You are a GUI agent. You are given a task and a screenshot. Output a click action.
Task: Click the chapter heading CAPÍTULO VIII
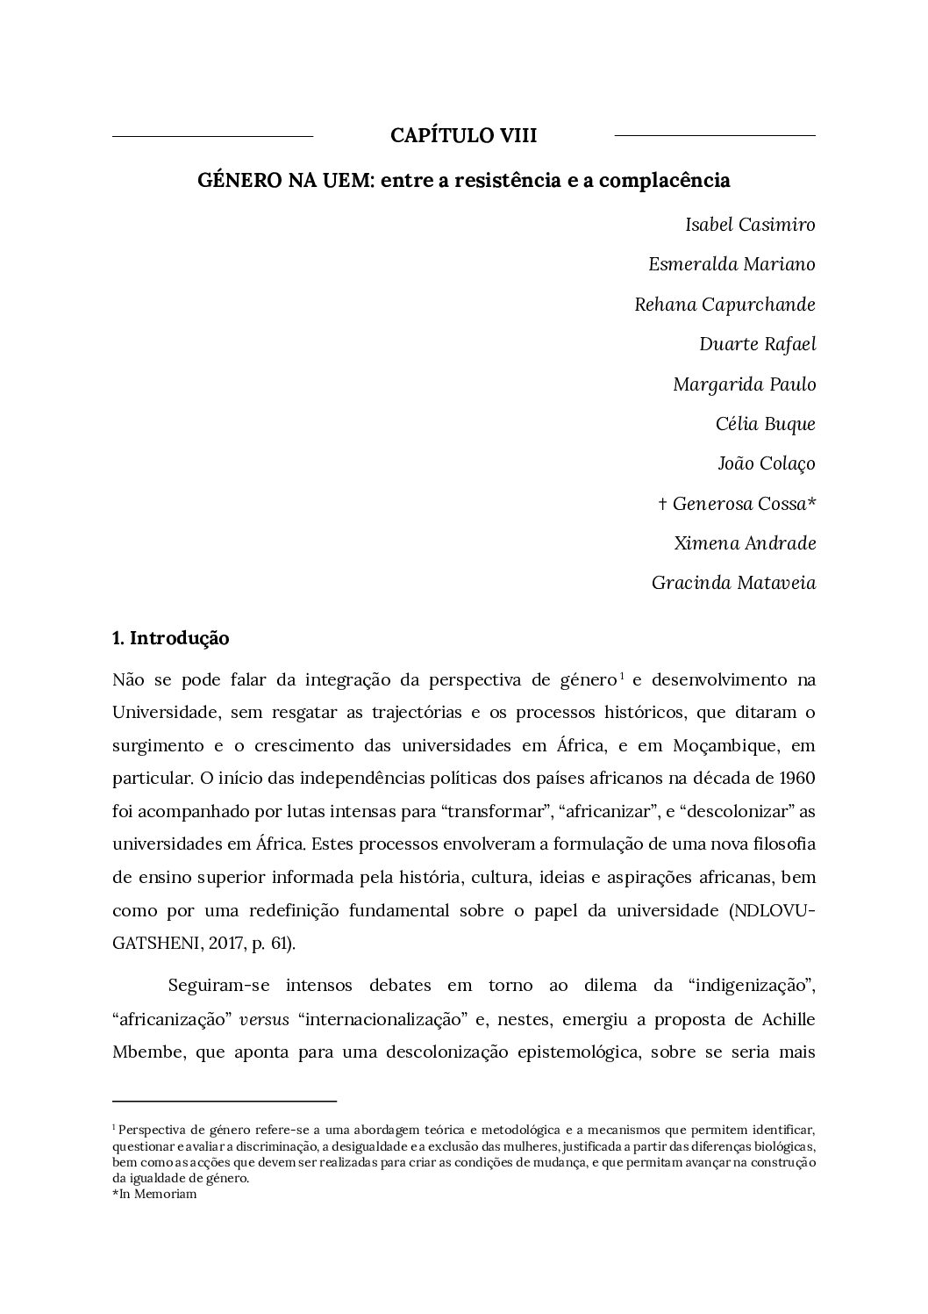[463, 136]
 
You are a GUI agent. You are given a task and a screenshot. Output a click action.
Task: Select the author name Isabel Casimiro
[750, 225]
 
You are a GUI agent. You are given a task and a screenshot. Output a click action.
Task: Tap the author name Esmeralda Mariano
[732, 264]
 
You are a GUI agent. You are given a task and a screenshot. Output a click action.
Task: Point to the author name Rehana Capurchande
[725, 305]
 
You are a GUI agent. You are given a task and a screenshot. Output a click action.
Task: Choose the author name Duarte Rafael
[757, 344]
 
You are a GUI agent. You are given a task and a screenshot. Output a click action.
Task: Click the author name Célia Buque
[765, 424]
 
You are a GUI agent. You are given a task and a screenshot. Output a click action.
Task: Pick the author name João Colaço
[766, 463]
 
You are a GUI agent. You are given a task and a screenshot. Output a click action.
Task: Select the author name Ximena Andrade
[745, 543]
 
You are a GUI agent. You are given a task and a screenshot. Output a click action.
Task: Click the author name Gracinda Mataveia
[733, 583]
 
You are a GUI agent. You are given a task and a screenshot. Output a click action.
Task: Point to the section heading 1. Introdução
[171, 638]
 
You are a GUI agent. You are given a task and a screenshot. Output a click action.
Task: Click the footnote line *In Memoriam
[154, 1195]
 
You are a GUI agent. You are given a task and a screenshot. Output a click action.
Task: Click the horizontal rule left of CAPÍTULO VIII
[213, 137]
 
